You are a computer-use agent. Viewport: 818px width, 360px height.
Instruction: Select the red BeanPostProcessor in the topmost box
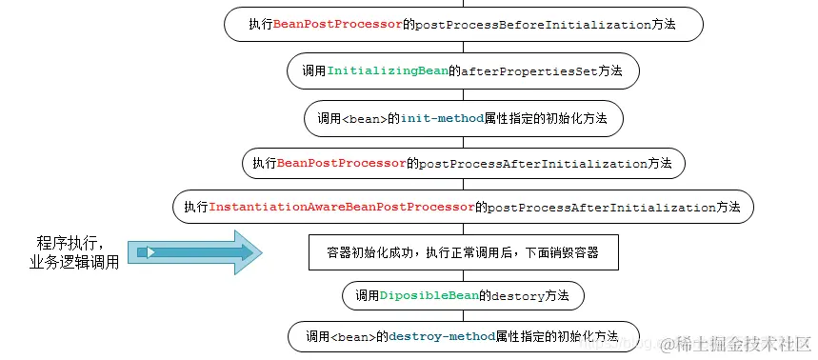337,24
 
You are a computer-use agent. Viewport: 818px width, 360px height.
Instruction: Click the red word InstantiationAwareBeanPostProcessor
341,206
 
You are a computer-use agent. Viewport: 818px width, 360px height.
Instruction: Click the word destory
517,296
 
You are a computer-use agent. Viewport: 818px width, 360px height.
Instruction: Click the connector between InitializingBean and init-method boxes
463,93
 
